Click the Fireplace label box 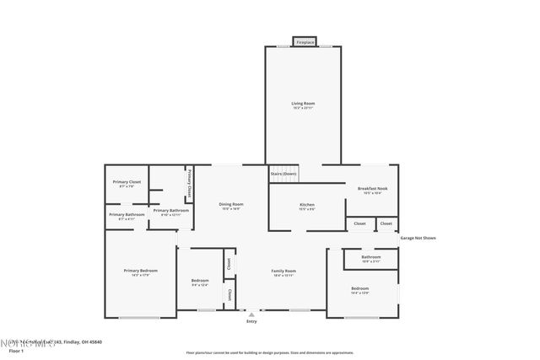click(304, 41)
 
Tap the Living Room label click(303, 104)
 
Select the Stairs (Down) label click(283, 175)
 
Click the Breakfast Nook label click(372, 189)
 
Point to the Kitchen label click(306, 205)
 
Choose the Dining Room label click(231, 204)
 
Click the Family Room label click(283, 271)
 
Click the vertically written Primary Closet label click(190, 183)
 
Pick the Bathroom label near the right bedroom click(371, 256)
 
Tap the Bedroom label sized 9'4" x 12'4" click(200, 280)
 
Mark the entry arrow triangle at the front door click(251, 314)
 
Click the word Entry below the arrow click(251, 321)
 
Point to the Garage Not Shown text click(418, 238)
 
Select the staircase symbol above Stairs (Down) click(283, 166)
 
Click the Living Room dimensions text click(303, 109)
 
